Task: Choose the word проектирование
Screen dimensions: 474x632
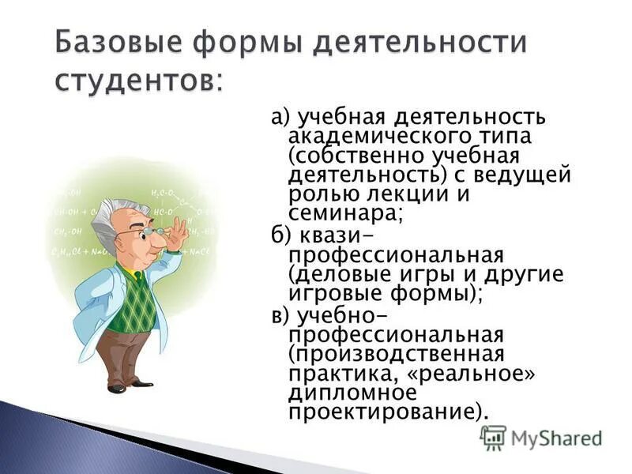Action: coord(383,411)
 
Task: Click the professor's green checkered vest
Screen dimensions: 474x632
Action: coord(132,302)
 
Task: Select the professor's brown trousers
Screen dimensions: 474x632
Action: coord(126,355)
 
